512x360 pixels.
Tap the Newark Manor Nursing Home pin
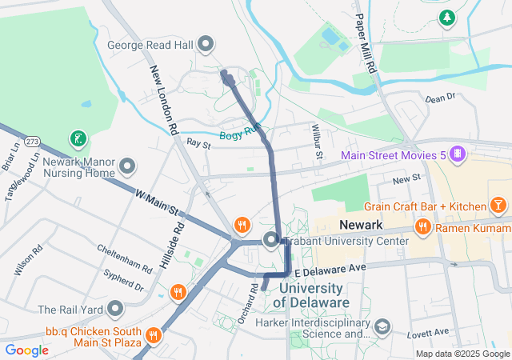tap(128, 166)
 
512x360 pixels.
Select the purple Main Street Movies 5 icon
tap(457, 154)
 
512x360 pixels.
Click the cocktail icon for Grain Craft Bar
tap(499, 206)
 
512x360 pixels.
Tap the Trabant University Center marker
tap(271, 240)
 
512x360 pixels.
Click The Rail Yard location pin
tap(116, 309)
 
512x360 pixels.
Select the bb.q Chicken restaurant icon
tap(154, 333)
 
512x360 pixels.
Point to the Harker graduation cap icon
tap(382, 326)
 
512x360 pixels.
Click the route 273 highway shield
tap(32, 142)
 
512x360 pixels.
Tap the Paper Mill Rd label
tap(366, 45)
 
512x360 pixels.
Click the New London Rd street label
tap(162, 99)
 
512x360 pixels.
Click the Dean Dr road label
tap(440, 98)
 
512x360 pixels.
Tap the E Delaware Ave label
tap(334, 267)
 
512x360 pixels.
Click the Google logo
tap(27, 350)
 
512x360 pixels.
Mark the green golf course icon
tap(78, 139)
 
